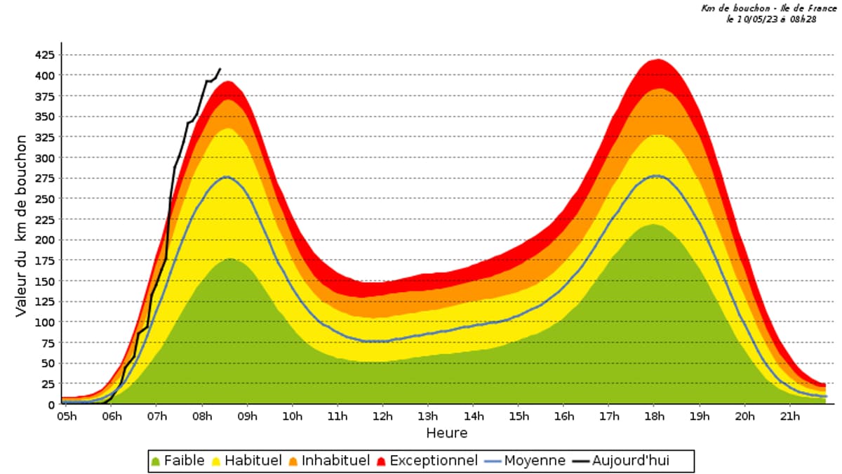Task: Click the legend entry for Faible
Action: click(178, 461)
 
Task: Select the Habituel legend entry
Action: click(247, 461)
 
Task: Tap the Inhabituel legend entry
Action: click(329, 461)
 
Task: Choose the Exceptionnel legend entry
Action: click(427, 461)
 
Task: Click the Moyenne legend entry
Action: click(526, 461)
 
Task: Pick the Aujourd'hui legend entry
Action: click(631, 461)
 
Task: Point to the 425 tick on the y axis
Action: click(44, 55)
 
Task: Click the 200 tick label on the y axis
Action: click(44, 240)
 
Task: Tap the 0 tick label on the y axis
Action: click(51, 405)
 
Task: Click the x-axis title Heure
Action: click(446, 433)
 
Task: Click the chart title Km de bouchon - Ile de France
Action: click(769, 8)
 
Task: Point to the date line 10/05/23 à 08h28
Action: click(771, 19)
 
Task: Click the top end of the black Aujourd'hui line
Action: click(220, 69)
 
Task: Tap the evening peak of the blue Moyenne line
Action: click(655, 176)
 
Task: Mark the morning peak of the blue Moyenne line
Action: click(227, 177)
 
